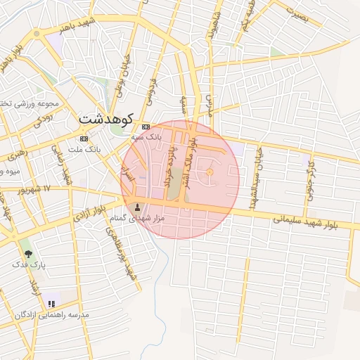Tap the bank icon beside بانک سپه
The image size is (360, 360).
pyautogui.click(x=146, y=127)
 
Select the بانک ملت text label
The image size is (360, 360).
pyautogui.click(x=89, y=149)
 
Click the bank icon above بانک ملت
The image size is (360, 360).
pyautogui.click(x=84, y=139)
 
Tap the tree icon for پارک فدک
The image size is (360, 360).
pyautogui.click(x=28, y=254)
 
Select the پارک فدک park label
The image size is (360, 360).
pyautogui.click(x=32, y=266)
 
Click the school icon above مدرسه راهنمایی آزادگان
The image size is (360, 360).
pyautogui.click(x=51, y=304)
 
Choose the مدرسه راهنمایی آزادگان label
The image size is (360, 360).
pyautogui.click(x=53, y=315)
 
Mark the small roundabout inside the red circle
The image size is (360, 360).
pyautogui.click(x=210, y=172)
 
